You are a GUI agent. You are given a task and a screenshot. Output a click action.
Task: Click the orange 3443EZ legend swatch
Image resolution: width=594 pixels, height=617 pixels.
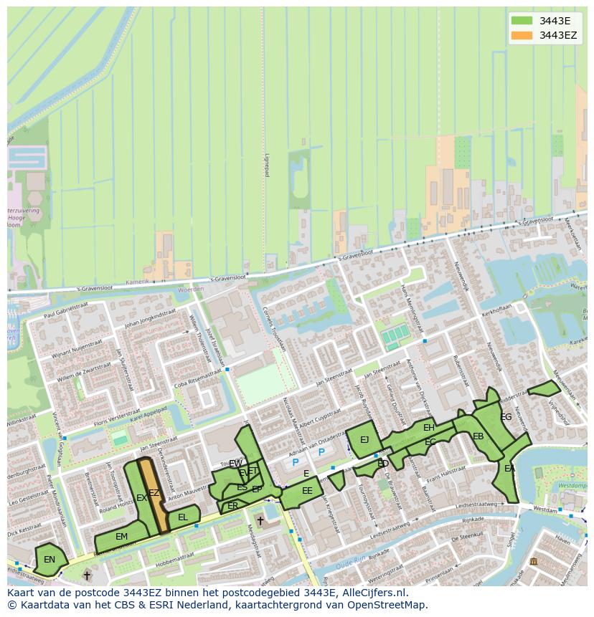tap(522, 35)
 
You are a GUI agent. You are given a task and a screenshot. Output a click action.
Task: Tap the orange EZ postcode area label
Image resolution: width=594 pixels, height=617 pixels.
tap(154, 493)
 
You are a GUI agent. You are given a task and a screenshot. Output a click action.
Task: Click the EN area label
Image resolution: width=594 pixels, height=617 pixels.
tap(49, 560)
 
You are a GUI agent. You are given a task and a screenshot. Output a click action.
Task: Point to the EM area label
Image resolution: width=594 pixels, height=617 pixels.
tap(121, 537)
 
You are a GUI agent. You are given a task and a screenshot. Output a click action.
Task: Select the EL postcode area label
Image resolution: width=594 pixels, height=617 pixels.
tap(183, 517)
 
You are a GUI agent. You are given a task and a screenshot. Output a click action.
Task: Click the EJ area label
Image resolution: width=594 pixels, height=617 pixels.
tap(364, 440)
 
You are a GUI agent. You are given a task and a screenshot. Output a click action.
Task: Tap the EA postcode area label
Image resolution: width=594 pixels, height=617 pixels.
tap(509, 469)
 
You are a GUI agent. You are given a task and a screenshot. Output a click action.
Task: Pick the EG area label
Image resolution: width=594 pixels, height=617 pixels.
tap(506, 417)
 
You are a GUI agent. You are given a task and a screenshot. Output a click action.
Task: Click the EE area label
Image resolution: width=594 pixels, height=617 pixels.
tap(307, 491)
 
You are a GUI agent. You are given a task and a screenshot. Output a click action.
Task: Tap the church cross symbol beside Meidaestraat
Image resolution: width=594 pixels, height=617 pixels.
tap(260, 521)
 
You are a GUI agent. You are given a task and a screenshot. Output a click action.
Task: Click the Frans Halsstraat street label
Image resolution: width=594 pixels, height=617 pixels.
tap(446, 475)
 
